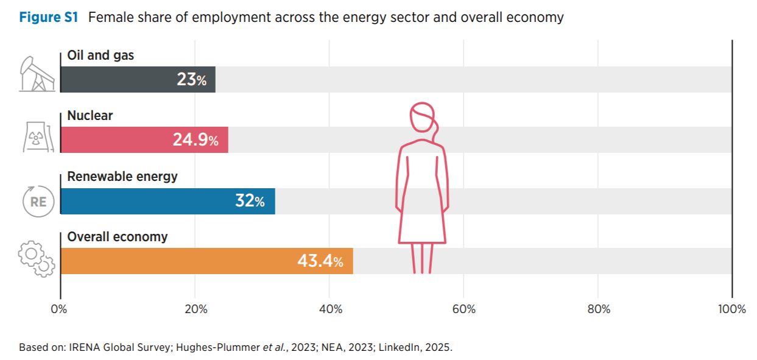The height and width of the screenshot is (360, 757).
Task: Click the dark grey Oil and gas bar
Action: pos(116,80)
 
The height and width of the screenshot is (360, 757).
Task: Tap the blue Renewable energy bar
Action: pos(146,202)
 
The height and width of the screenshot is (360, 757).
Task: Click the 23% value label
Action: pos(192,80)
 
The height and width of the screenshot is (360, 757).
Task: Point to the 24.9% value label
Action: pos(195,140)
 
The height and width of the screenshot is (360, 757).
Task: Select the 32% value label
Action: pos(250,202)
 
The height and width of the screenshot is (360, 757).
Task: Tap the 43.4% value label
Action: pos(320,262)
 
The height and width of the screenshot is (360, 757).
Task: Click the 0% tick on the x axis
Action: pos(59,309)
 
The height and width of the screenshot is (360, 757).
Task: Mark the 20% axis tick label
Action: pos(195,309)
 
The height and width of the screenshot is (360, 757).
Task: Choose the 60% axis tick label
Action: pos(464,309)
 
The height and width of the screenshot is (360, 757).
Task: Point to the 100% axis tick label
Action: pos(731,309)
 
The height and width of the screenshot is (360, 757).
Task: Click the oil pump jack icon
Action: pos(37,74)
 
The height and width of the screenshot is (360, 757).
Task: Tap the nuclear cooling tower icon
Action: pos(37,136)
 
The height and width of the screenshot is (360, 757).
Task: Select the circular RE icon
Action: pos(38,200)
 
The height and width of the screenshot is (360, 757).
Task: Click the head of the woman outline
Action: pos(422,118)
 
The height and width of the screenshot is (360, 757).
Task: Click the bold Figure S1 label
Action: pos(49,17)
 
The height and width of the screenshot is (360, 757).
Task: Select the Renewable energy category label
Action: pos(122,177)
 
